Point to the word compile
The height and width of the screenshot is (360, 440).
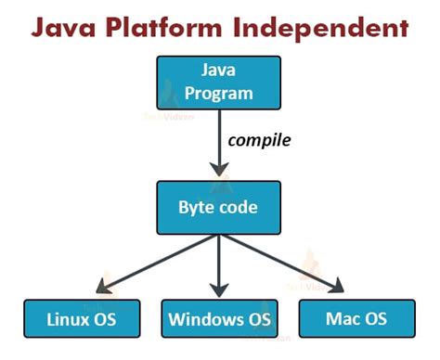point(260,142)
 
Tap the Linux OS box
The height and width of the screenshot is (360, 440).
point(81,320)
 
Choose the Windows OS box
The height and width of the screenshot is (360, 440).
point(219,321)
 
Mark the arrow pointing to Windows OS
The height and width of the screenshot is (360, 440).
point(219,265)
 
